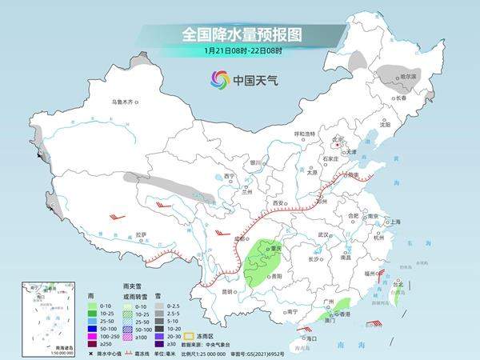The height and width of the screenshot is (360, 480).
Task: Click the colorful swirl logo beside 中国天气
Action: tap(219, 79)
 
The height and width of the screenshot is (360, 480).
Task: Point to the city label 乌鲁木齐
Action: tap(125, 102)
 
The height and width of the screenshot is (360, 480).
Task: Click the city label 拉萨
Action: tap(141, 235)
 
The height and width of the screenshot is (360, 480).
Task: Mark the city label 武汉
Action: tap(323, 234)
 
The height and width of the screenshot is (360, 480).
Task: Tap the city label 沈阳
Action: tap(386, 125)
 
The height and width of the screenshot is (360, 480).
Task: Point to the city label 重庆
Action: tap(276, 249)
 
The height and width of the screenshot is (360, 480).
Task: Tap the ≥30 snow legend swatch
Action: tap(160, 344)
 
